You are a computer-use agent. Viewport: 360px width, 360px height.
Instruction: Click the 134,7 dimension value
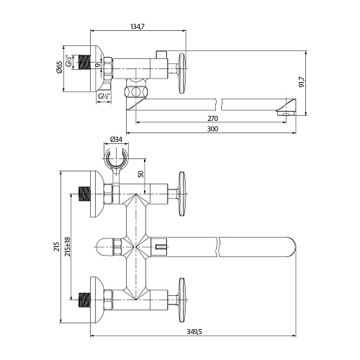click(x=138, y=26)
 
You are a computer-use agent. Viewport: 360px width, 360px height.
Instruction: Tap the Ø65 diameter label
click(x=59, y=67)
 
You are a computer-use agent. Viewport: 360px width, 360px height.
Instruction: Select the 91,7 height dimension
click(x=302, y=82)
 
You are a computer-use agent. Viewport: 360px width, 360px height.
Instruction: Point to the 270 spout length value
click(x=212, y=118)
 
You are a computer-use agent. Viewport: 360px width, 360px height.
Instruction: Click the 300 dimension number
click(x=212, y=129)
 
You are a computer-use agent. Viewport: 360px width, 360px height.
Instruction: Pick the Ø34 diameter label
click(x=116, y=139)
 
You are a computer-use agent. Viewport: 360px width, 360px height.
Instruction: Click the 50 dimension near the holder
click(x=141, y=174)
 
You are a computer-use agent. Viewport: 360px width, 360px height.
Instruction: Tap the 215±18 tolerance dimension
click(x=68, y=246)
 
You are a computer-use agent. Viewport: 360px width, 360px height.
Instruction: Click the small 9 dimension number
click(x=96, y=65)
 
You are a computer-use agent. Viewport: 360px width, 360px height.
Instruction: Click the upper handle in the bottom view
click(x=182, y=194)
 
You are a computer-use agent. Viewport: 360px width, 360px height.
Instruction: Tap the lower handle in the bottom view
click(x=182, y=300)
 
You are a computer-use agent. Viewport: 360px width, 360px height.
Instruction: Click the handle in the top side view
click(x=182, y=73)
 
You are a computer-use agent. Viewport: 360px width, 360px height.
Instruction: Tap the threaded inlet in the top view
click(x=84, y=62)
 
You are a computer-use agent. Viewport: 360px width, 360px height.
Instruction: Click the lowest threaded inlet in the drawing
click(x=84, y=300)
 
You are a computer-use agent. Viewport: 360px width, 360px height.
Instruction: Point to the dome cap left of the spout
click(x=105, y=247)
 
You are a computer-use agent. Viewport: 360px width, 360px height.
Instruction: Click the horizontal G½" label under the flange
click(x=104, y=96)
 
